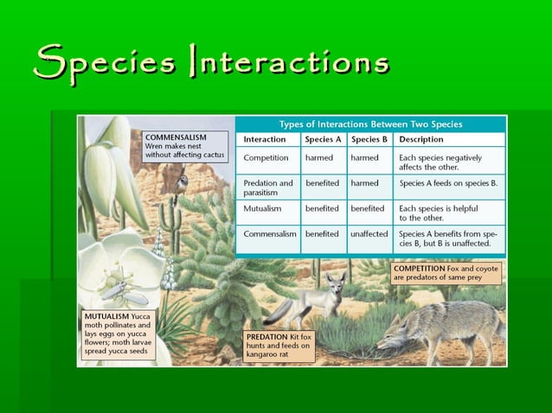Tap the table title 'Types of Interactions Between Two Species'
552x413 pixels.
(370, 124)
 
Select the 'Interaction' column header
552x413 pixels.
(265, 139)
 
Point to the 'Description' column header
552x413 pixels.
(421, 139)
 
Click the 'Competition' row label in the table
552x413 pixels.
(266, 158)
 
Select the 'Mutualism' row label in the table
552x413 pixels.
(265, 208)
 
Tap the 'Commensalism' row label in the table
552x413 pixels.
(270, 233)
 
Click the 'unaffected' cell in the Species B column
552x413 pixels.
(369, 233)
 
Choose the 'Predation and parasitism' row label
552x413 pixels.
(268, 188)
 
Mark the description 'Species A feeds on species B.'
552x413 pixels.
(448, 183)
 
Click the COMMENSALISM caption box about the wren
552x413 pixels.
(185, 145)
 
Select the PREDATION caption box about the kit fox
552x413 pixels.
(278, 345)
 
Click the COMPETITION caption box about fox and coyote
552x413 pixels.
(446, 274)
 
